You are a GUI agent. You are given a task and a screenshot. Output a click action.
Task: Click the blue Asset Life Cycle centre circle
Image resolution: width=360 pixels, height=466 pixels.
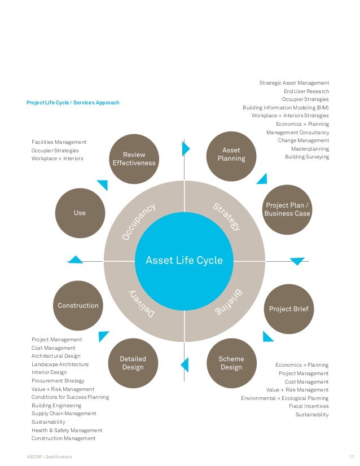pyautogui.click(x=185, y=261)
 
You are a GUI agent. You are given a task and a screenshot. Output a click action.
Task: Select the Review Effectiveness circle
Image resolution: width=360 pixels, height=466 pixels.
pyautogui.click(x=134, y=159)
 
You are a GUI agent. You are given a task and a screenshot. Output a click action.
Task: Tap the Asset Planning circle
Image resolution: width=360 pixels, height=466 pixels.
pyautogui.click(x=231, y=154)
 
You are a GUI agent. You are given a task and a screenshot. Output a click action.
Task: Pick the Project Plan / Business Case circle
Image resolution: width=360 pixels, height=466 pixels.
pyautogui.click(x=287, y=209)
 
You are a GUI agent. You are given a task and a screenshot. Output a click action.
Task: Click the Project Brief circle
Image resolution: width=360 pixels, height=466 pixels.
pyautogui.click(x=288, y=309)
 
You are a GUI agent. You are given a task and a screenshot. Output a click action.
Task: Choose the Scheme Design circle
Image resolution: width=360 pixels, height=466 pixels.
pyautogui.click(x=231, y=363)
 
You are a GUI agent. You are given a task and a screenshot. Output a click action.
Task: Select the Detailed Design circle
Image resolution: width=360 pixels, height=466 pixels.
pyautogui.click(x=133, y=363)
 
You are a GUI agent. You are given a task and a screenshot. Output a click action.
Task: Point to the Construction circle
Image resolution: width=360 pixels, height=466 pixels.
pyautogui.click(x=78, y=306)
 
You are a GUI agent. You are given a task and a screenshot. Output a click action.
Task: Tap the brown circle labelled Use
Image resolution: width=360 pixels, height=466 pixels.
pyautogui.click(x=80, y=213)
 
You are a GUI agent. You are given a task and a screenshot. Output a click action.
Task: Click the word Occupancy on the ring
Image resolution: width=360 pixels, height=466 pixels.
pyautogui.click(x=139, y=222)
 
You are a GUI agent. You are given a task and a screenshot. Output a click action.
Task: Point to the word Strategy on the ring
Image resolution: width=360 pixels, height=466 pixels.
pyautogui.click(x=227, y=217)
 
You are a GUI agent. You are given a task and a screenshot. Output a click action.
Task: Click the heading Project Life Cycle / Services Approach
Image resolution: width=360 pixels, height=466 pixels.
pyautogui.click(x=73, y=103)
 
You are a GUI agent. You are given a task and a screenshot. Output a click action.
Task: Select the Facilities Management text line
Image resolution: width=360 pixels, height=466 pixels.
pyautogui.click(x=59, y=142)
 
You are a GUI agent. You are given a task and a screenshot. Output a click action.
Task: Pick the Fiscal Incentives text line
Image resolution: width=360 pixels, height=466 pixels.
pyautogui.click(x=309, y=406)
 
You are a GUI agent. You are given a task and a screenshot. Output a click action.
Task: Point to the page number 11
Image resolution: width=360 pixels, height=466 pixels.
pyautogui.click(x=352, y=456)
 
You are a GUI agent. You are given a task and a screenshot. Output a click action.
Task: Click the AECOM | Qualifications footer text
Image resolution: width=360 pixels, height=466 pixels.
pyautogui.click(x=49, y=456)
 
